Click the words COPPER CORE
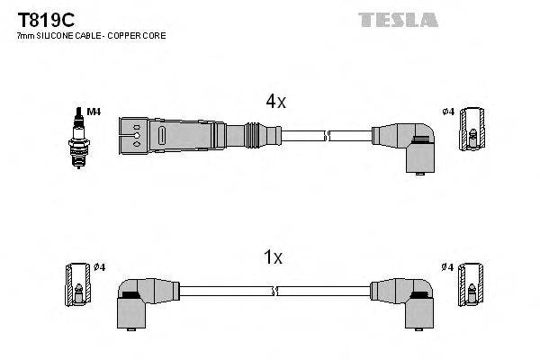pos(139,35)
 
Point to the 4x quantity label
pos(275,103)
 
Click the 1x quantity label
pos(274,258)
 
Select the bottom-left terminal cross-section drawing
pos(77,287)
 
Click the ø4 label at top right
pos(447,112)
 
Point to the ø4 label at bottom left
pos(100,267)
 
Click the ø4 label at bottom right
pos(447,267)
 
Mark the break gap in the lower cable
pos(275,292)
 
